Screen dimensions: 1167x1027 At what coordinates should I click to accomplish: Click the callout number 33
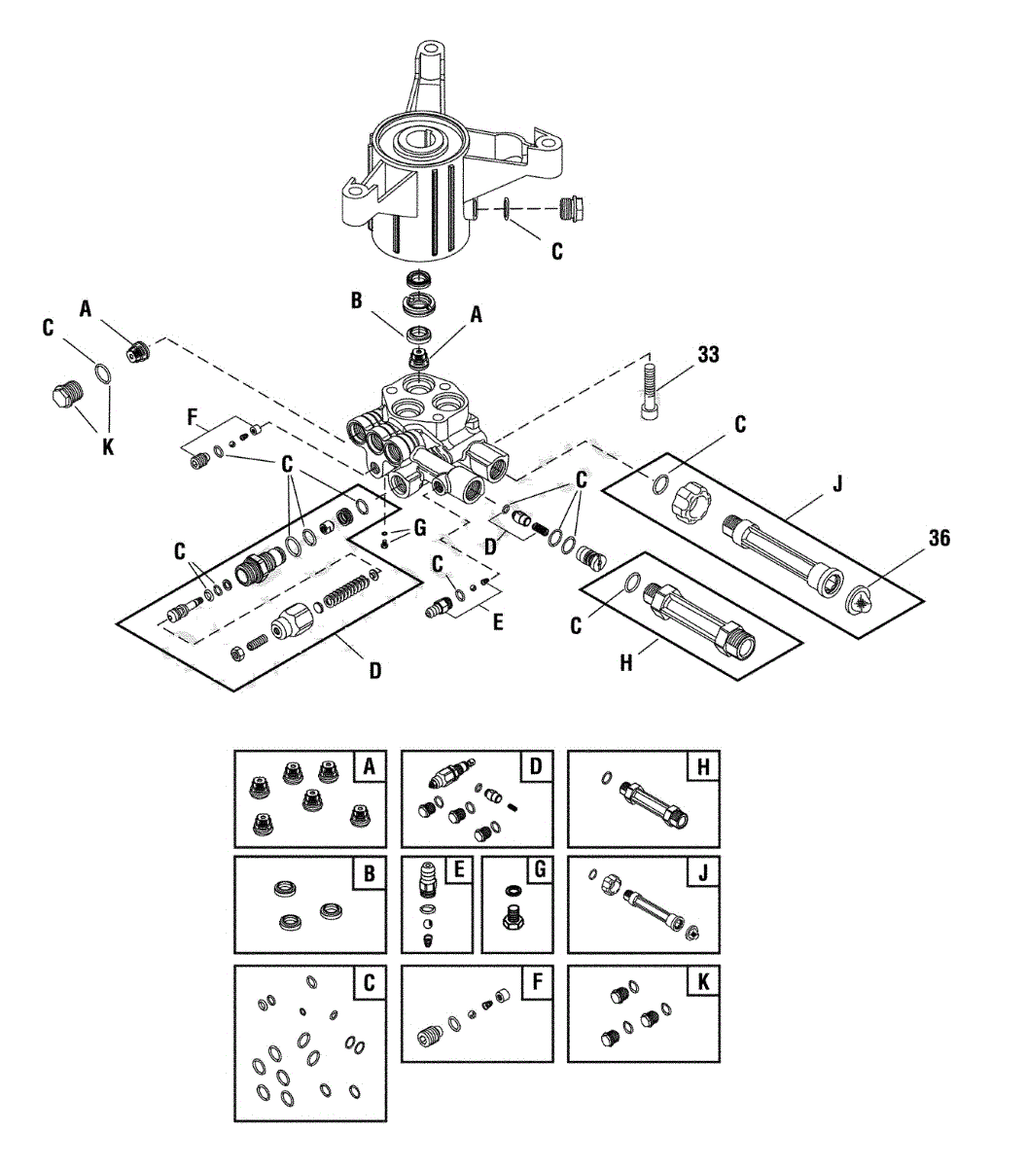(x=708, y=355)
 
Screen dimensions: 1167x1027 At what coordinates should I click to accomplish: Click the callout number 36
(x=938, y=538)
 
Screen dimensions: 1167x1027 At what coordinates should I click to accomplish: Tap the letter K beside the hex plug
(x=108, y=446)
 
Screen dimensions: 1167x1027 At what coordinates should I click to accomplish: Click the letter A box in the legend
(x=369, y=767)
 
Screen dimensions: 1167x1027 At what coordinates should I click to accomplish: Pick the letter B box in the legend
(x=369, y=874)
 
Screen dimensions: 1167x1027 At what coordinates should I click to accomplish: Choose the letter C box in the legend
(x=369, y=982)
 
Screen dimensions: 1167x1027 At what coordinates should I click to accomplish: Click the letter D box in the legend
(x=535, y=767)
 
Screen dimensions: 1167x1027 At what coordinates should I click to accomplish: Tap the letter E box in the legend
(x=456, y=874)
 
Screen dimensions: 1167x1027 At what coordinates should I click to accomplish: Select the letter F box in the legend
(x=535, y=982)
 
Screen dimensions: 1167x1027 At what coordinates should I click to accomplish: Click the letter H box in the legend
(x=702, y=767)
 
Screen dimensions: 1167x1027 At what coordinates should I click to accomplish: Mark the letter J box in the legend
(x=702, y=874)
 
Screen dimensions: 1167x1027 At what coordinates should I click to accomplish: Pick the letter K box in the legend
(x=702, y=982)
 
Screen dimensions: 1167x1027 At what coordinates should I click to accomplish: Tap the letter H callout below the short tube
(x=627, y=664)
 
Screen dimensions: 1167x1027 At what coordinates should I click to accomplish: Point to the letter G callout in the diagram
(x=419, y=528)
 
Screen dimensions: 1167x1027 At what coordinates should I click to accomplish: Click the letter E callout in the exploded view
(x=498, y=620)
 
